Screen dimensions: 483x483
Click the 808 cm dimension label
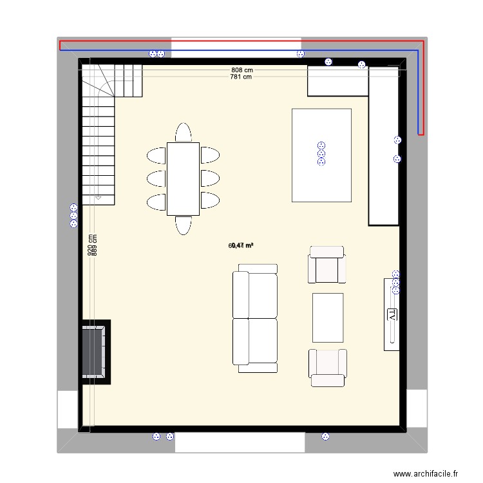click(242, 70)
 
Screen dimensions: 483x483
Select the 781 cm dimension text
click(241, 77)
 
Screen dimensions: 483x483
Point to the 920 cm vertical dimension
click(91, 245)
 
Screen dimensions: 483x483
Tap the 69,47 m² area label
click(241, 245)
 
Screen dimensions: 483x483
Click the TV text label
click(392, 314)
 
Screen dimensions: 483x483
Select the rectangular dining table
click(183, 178)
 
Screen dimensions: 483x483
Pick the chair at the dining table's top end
click(183, 132)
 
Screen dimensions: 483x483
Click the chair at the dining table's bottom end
click(183, 225)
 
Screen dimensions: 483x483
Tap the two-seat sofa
click(255, 318)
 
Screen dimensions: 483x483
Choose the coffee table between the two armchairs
click(328, 317)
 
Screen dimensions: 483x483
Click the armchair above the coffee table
click(327, 264)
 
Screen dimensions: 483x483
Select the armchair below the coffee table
click(328, 368)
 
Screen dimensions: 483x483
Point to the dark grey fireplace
click(93, 352)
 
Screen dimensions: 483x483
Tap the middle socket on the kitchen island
click(320, 154)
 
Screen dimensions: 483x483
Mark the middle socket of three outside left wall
click(73, 216)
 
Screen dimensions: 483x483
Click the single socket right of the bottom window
click(325, 437)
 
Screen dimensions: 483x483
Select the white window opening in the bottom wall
click(240, 442)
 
